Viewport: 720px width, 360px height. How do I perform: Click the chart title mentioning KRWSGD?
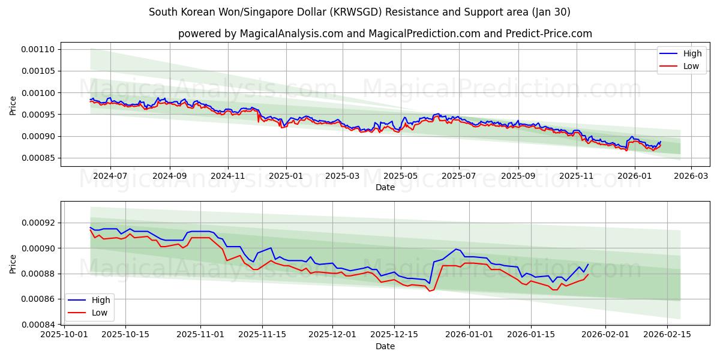pyautogui.click(x=359, y=12)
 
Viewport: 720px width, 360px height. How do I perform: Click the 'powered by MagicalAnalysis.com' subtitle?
pyautogui.click(x=385, y=34)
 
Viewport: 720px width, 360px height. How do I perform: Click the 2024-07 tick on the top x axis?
pyautogui.click(x=110, y=176)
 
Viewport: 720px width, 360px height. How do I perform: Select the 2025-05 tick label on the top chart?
pyautogui.click(x=400, y=176)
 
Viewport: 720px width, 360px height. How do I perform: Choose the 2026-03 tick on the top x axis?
pyautogui.click(x=691, y=176)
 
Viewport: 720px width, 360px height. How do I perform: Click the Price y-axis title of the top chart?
pyautogui.click(x=13, y=104)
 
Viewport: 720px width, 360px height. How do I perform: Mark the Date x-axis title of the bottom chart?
pyautogui.click(x=385, y=346)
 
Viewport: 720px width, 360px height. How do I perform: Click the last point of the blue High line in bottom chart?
pyautogui.click(x=588, y=264)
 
